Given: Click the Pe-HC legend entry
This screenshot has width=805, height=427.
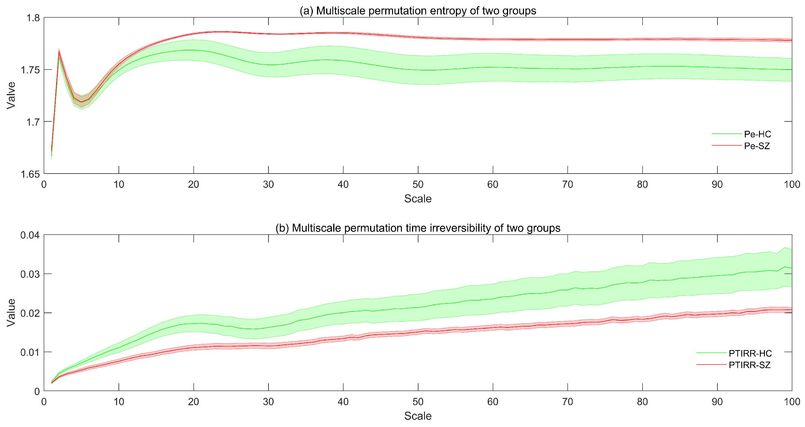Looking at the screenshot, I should point(757,134).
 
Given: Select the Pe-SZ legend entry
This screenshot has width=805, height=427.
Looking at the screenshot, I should point(757,146).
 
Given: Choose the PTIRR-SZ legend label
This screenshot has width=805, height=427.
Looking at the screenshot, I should point(749,365).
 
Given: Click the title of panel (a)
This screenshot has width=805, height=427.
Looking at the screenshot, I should point(418,11).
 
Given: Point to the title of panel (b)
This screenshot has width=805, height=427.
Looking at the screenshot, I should point(418,228).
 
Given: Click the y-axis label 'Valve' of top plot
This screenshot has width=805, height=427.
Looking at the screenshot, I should point(11,95).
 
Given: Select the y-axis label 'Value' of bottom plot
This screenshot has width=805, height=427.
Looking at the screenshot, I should point(11,313).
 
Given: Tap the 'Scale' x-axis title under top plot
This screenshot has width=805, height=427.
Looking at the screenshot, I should point(418,199).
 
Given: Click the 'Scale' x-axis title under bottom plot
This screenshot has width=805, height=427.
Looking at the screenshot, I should point(418,416).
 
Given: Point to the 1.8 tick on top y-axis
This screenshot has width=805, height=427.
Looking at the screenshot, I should point(33,18).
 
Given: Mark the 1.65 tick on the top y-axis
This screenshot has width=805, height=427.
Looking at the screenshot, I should point(30,174).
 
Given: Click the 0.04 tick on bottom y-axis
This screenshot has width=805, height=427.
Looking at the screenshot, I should point(30,235).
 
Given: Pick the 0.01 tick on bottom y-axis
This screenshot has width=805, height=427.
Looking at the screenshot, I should point(30,352).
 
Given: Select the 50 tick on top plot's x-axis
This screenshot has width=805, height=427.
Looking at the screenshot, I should point(418,184).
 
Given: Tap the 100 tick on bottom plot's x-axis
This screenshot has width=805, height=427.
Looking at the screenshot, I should point(791,402).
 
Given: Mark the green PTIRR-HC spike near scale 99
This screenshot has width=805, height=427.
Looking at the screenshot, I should point(785,267).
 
